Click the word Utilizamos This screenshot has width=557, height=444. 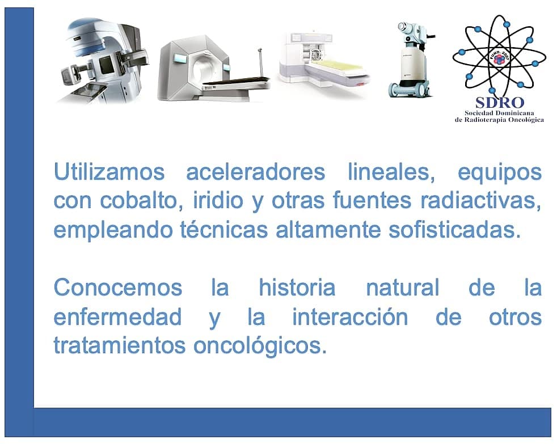pyautogui.click(x=108, y=172)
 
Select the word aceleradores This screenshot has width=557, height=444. pyautogui.click(x=255, y=172)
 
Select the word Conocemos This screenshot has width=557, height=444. pyautogui.click(x=117, y=287)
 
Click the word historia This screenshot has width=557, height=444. pyautogui.click(x=297, y=287)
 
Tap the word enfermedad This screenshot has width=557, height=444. pyautogui.click(x=117, y=316)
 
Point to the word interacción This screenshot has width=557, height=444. pyautogui.click(x=349, y=316)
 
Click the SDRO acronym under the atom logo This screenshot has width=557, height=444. pyautogui.click(x=500, y=102)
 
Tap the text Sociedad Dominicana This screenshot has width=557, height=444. pyautogui.click(x=500, y=113)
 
